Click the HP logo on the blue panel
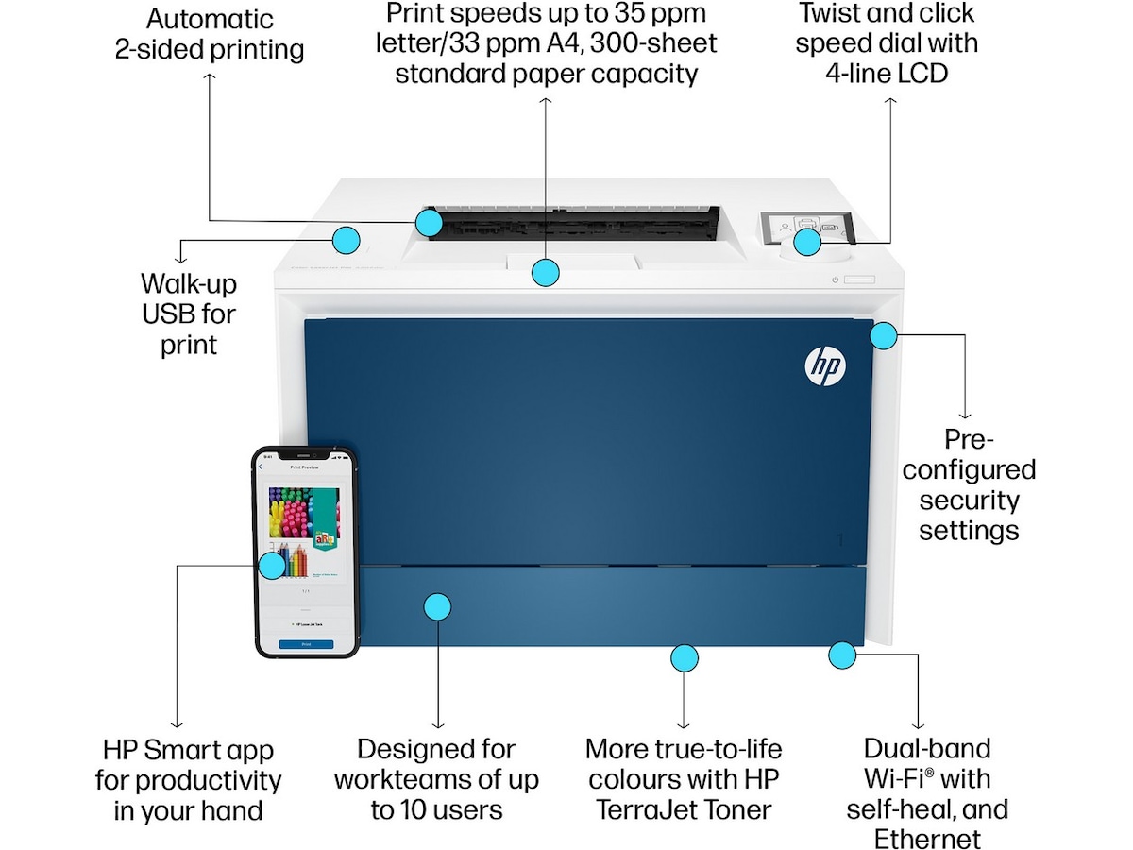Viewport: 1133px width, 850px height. tap(825, 365)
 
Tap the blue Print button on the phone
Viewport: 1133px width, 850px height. tap(306, 643)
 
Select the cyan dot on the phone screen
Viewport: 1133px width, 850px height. tap(272, 566)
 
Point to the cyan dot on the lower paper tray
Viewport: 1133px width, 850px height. tap(436, 606)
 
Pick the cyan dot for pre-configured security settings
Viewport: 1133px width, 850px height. tap(884, 334)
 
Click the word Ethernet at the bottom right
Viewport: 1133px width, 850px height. tap(927, 839)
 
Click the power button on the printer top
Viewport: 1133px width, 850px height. tap(836, 280)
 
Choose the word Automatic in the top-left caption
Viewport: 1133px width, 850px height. tap(209, 19)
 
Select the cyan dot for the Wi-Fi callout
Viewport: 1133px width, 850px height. tap(842, 654)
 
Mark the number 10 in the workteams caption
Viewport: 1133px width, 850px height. tap(413, 809)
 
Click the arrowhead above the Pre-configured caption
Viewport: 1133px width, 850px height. tap(965, 414)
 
